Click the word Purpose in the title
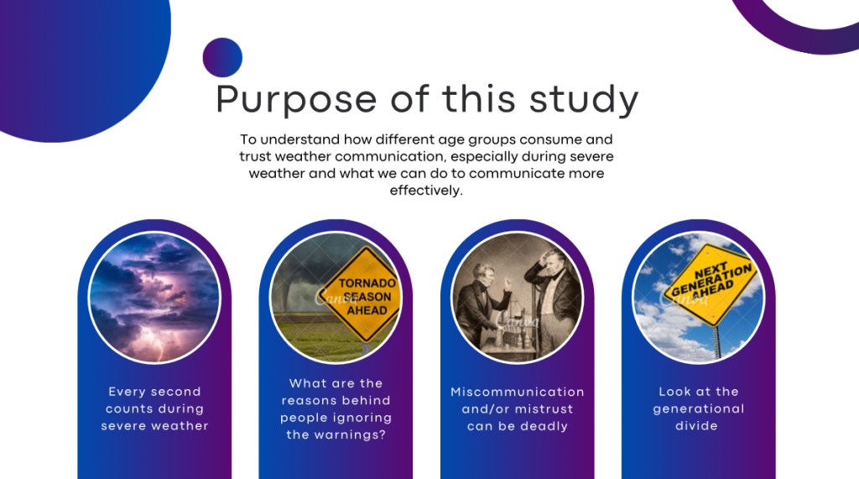296,100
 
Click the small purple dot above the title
222,57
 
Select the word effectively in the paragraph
425,190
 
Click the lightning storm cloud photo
154,297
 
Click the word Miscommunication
517,392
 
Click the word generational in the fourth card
699,409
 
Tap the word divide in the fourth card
696,426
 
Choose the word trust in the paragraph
255,156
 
